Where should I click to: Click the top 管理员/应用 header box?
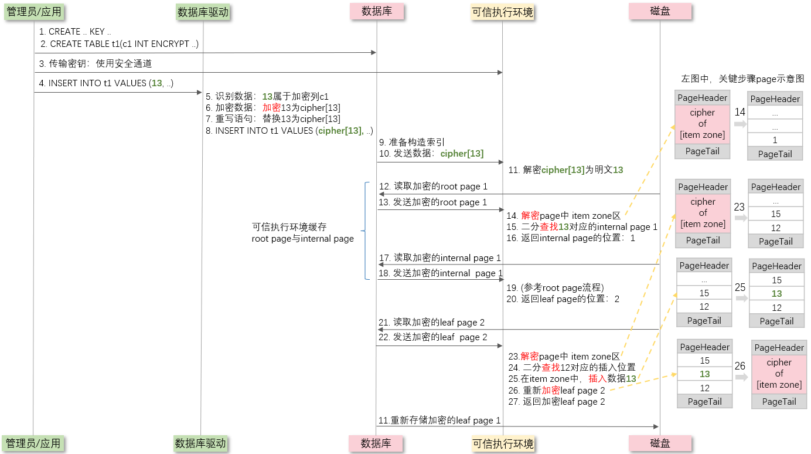point(34,12)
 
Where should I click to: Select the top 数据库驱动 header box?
point(203,12)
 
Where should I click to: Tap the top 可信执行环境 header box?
point(503,12)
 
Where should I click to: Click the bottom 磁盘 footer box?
point(660,443)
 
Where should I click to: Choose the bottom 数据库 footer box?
point(376,443)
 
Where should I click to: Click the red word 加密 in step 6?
point(271,107)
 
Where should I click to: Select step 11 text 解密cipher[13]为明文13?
point(565,170)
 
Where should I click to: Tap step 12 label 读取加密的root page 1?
point(433,187)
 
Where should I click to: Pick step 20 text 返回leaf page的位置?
point(563,299)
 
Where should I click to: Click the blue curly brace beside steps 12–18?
point(365,231)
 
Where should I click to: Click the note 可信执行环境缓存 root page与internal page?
point(303,233)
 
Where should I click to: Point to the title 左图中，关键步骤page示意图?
point(742,79)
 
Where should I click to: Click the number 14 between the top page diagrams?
point(740,112)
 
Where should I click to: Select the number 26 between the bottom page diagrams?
point(740,366)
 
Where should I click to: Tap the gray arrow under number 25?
point(741,298)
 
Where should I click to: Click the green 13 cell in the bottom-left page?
point(704,374)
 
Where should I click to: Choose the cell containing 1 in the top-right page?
point(775,140)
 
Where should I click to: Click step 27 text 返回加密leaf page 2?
point(557,401)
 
